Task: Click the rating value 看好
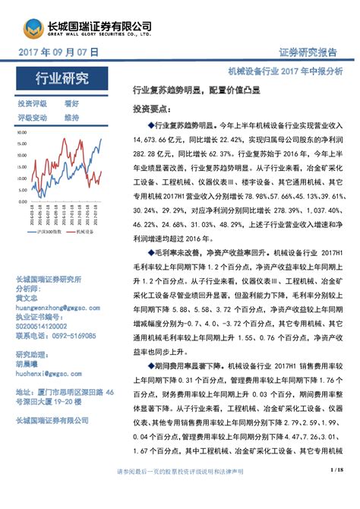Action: pos(71,103)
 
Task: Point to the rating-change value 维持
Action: pos(71,118)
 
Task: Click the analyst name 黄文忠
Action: pos(30,298)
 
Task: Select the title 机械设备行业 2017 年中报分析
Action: pos(285,69)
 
